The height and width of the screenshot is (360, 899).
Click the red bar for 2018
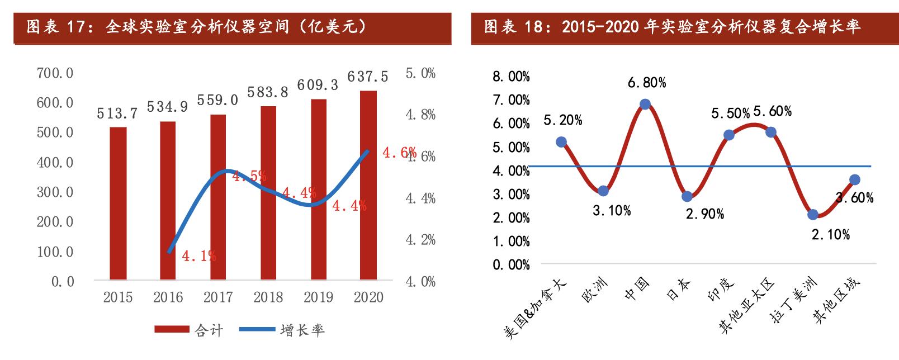pos(268,192)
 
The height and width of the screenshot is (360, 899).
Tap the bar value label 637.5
pos(367,76)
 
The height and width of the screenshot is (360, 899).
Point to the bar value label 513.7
pos(117,113)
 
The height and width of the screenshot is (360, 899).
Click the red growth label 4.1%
pos(198,256)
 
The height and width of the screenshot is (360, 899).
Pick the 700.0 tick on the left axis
pos(55,73)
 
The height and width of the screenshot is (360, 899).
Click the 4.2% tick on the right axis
pos(420,240)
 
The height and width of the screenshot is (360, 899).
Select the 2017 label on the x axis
pos(217,297)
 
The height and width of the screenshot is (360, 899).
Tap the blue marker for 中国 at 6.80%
pos(645,104)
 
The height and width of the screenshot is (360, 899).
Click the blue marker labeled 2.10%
pos(813,215)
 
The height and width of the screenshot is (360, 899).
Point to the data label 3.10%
pos(612,210)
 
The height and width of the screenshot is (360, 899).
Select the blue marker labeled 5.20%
pos(561,142)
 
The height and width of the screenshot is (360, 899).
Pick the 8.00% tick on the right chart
pos(511,77)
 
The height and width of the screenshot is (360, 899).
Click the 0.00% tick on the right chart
pos(511,265)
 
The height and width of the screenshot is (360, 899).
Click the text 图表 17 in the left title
pos(55,26)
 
